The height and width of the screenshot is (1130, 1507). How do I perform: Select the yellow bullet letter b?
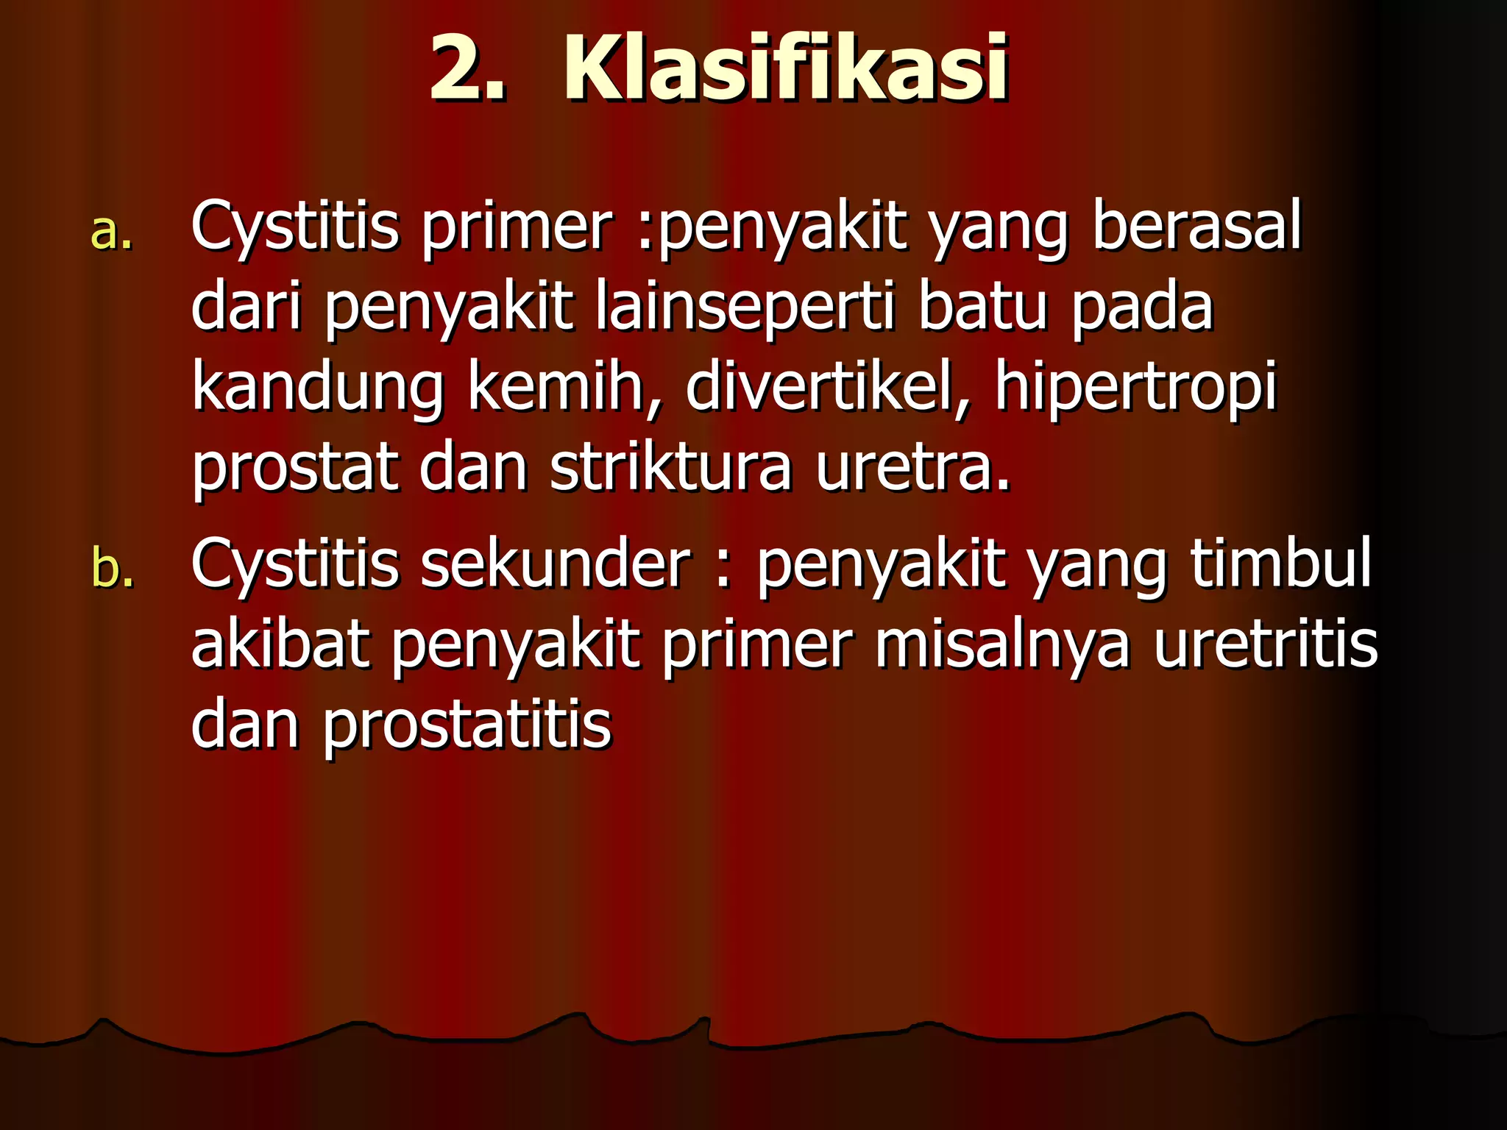pos(113,568)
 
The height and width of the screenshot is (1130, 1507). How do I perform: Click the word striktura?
pos(670,469)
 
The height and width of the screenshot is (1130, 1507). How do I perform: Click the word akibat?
pos(280,644)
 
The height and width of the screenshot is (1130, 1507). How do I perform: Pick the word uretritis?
pos(1265,644)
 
